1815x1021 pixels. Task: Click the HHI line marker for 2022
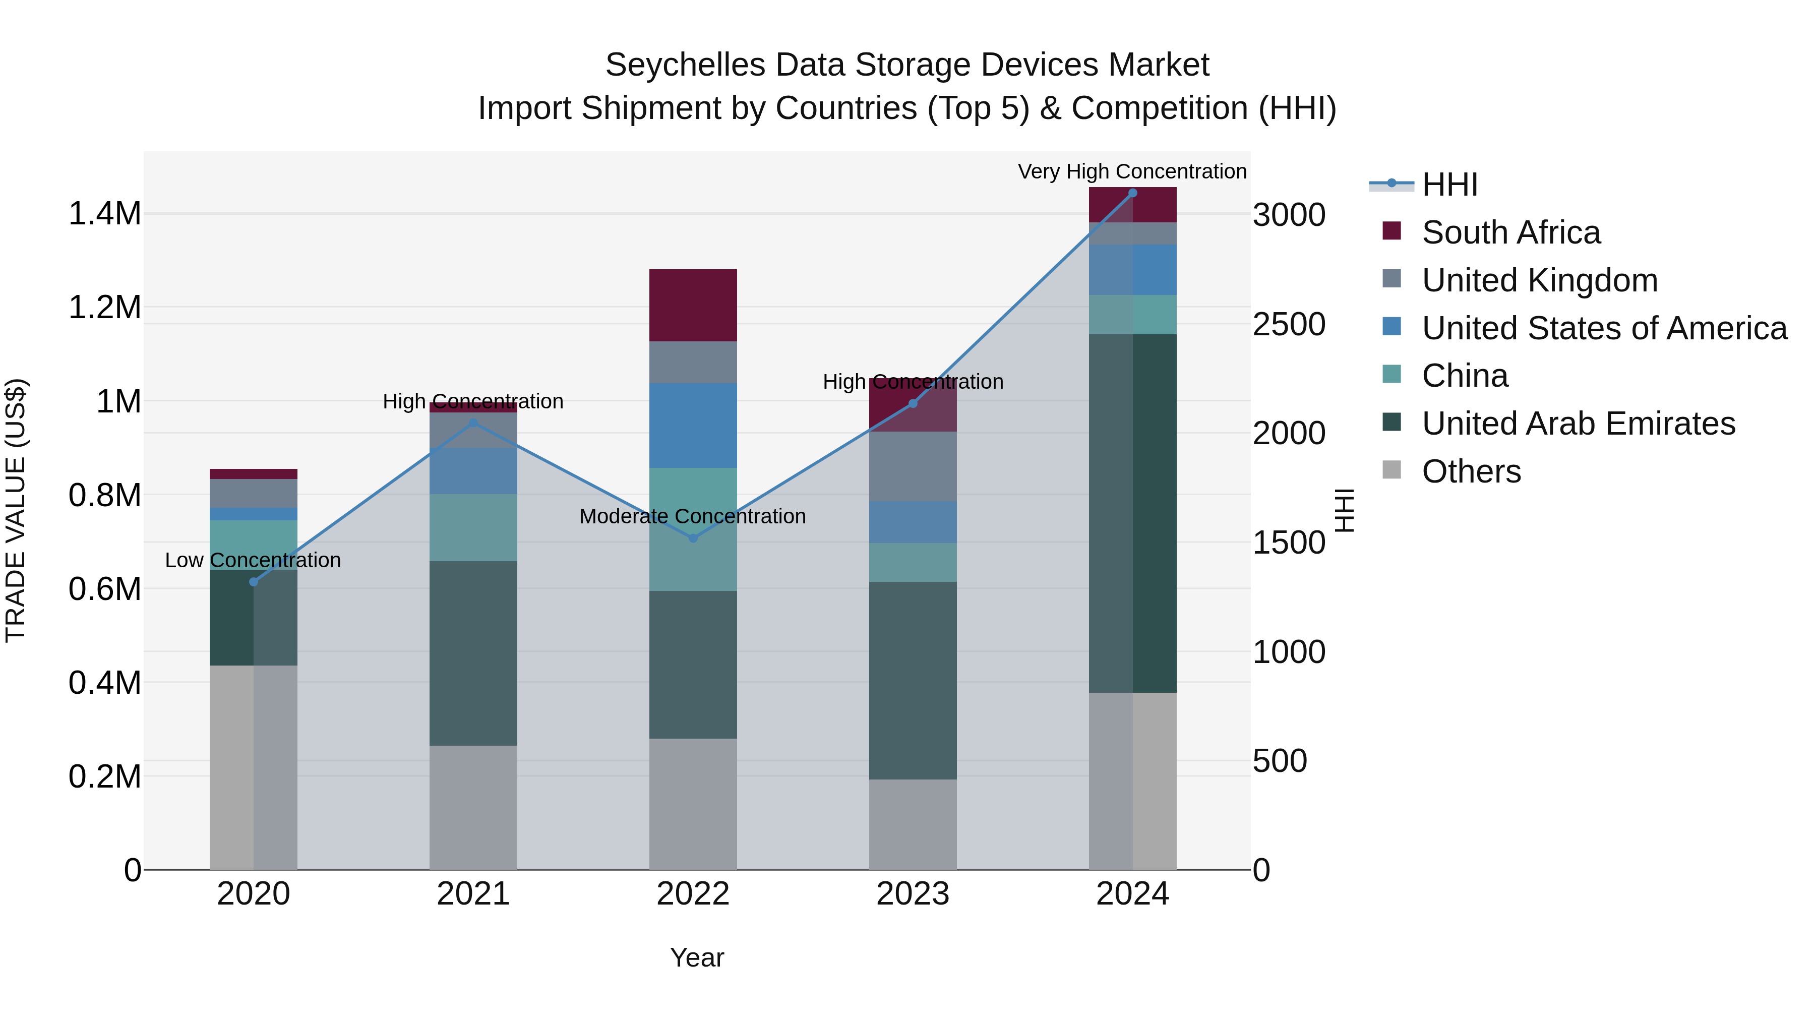(693, 538)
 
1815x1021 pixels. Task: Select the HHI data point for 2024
(1132, 193)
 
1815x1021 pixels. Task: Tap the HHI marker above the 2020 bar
(254, 582)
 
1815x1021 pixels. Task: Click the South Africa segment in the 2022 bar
(693, 305)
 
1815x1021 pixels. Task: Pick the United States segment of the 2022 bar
(693, 426)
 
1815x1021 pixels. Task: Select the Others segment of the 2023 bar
(913, 824)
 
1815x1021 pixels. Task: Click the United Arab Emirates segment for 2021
(473, 653)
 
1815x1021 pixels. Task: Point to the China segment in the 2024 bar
(1132, 314)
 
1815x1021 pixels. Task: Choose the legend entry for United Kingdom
(1540, 280)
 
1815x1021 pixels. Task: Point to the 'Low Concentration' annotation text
(253, 560)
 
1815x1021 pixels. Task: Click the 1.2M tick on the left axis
(104, 308)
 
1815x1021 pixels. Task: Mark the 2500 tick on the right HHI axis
(1289, 324)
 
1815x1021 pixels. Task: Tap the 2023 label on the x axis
(913, 894)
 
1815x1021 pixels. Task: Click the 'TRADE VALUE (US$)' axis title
(16, 510)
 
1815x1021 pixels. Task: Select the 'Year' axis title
(697, 957)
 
